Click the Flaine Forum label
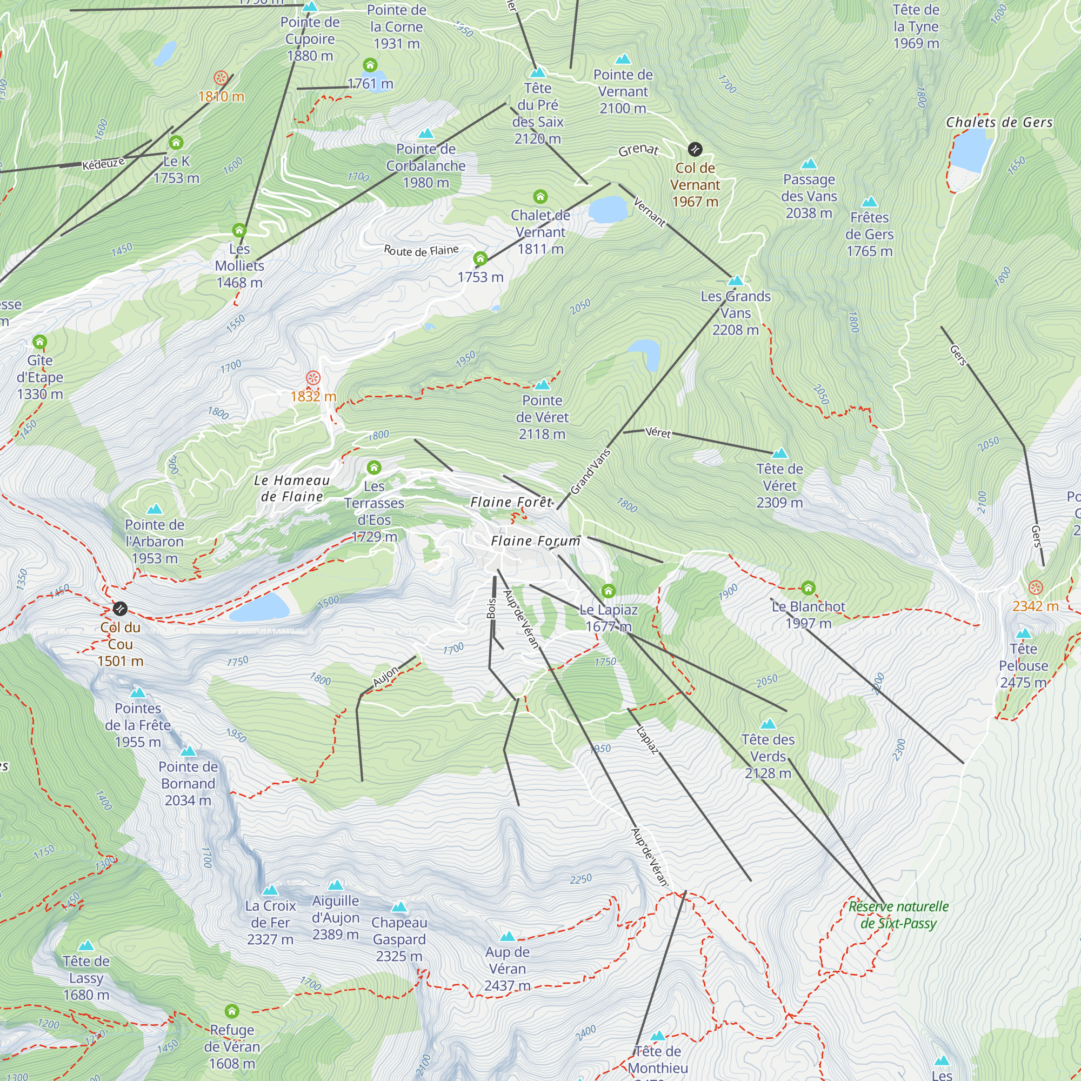tap(536, 541)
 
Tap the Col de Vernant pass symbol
tap(695, 149)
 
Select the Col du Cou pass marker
tap(120, 609)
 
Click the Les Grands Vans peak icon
tap(736, 281)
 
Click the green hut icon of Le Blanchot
tap(808, 588)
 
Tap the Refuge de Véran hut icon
tap(232, 1012)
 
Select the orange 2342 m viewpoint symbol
tap(1036, 588)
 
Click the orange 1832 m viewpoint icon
tap(313, 378)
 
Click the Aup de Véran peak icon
tap(507, 937)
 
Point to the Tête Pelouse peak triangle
tap(1023, 633)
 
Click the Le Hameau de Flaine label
tap(291, 489)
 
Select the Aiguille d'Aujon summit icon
tap(335, 885)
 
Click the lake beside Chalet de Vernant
tap(608, 209)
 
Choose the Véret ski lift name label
tap(657, 432)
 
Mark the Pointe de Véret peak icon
tap(542, 384)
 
